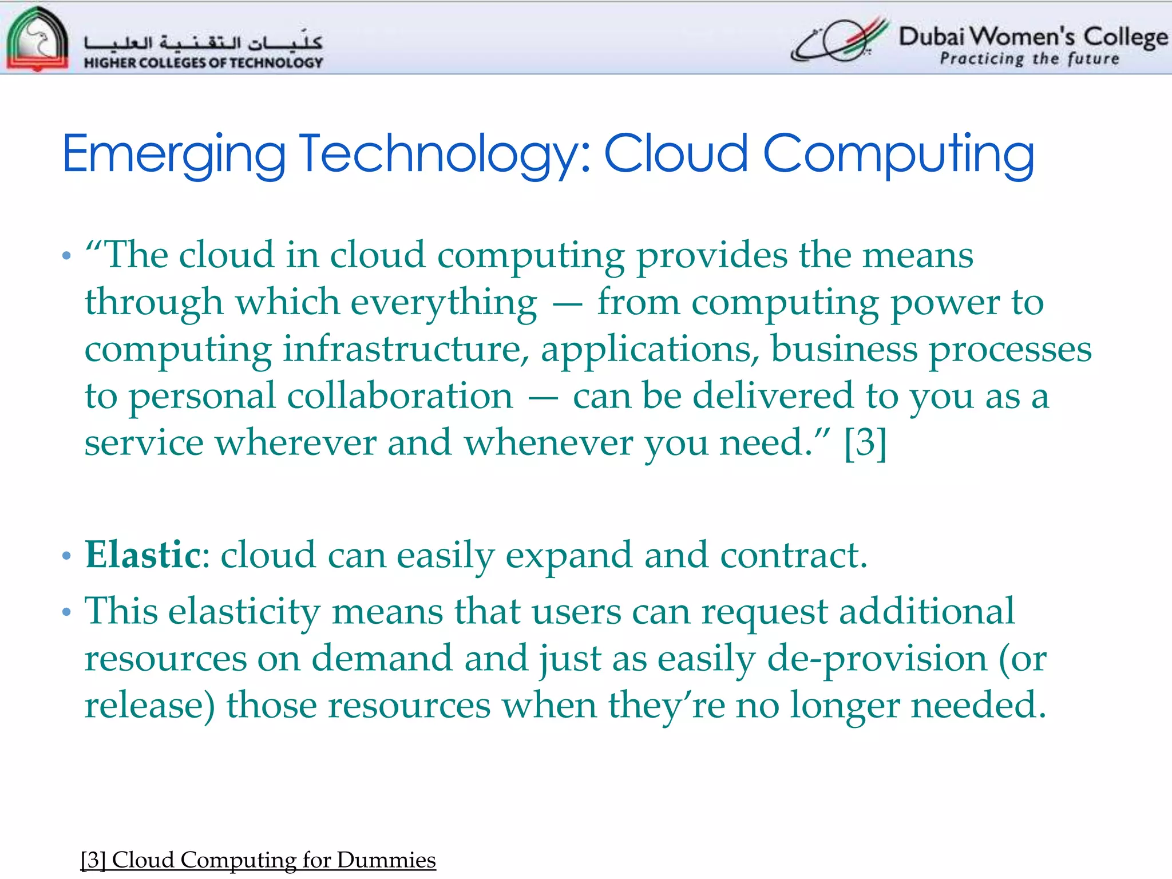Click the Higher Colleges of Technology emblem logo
(x=37, y=39)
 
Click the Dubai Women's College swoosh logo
(x=840, y=40)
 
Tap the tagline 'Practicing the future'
(x=1029, y=59)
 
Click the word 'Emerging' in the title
(x=173, y=155)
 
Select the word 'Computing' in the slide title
(x=898, y=155)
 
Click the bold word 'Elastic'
(x=142, y=555)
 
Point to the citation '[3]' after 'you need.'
(x=865, y=442)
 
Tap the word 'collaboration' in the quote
(x=400, y=396)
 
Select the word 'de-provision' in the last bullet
(x=877, y=659)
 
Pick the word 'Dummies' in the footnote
(x=386, y=860)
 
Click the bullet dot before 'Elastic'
(x=66, y=556)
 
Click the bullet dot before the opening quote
(x=66, y=256)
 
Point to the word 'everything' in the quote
(x=444, y=302)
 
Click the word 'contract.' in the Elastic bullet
(x=793, y=555)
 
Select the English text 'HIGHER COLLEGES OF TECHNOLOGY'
(x=203, y=62)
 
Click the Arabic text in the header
(x=203, y=42)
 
